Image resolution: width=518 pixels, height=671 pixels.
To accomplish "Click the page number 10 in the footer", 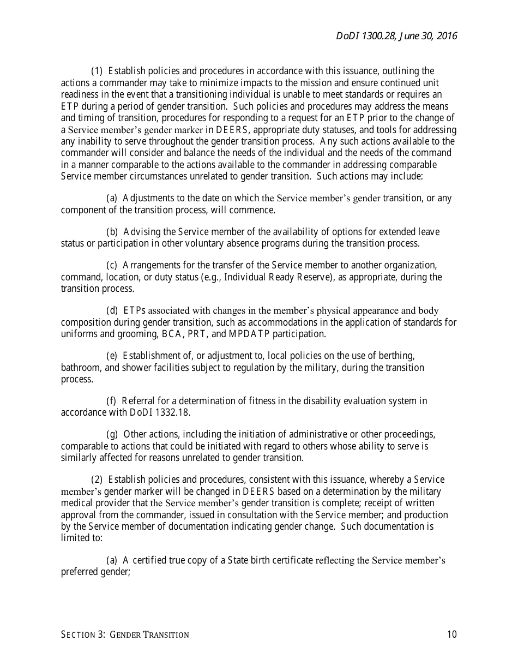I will (x=451, y=634).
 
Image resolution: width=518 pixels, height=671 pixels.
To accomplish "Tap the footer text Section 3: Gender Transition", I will (x=125, y=634).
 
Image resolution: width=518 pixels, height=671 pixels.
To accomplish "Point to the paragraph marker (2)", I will (x=97, y=480).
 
